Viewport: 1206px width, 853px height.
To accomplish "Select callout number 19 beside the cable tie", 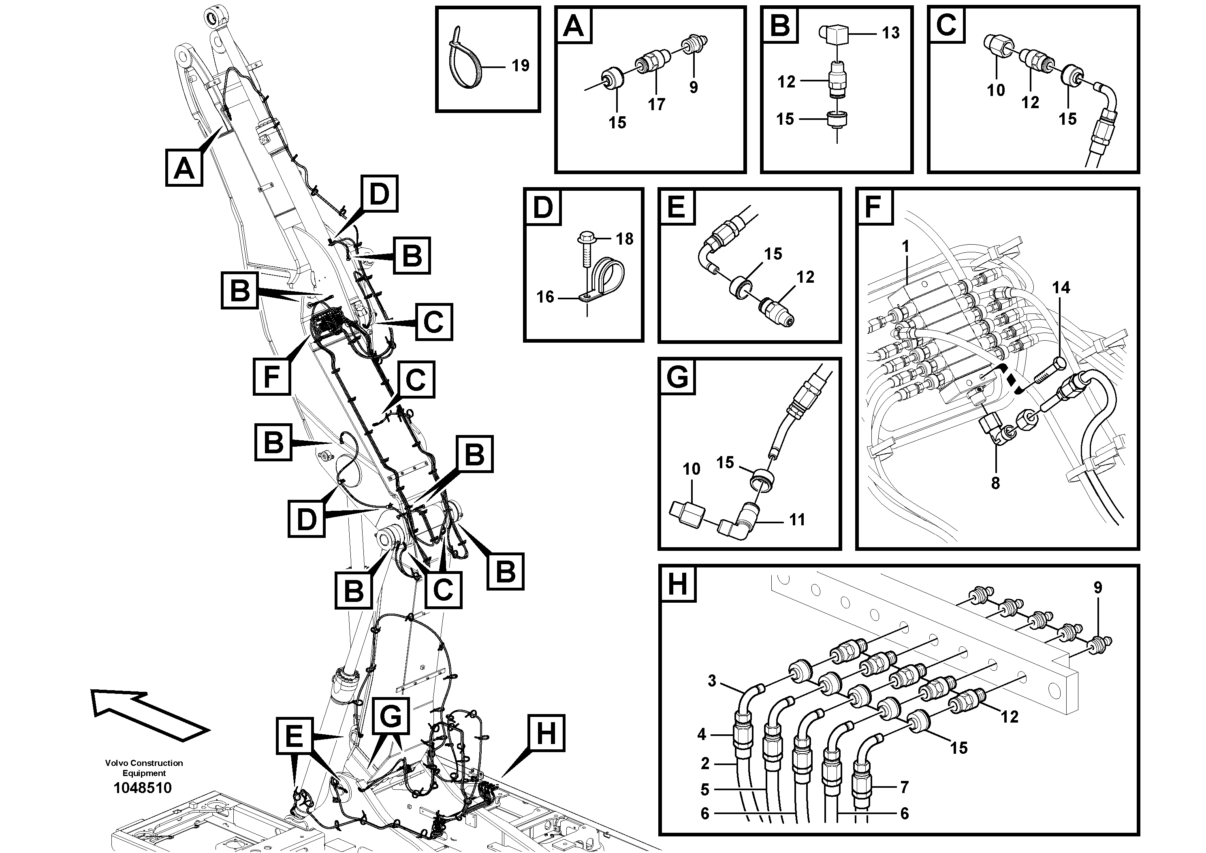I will click(520, 66).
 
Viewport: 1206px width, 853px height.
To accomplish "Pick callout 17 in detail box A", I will click(656, 104).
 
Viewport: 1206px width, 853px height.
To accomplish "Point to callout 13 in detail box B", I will click(890, 32).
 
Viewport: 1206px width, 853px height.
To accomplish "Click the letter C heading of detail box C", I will click(946, 25).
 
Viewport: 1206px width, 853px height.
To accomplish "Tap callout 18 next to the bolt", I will click(625, 239).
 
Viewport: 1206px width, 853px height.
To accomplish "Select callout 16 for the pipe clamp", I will click(545, 297).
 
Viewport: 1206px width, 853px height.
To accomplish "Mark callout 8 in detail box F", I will click(995, 483).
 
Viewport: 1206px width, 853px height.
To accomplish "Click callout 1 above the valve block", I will click(905, 246).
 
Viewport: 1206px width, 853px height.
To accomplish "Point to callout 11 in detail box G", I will click(797, 520).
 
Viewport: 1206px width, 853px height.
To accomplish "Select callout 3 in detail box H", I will click(712, 681).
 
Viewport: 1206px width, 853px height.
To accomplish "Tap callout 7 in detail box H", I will click(904, 787).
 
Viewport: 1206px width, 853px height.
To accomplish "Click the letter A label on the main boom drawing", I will click(184, 168).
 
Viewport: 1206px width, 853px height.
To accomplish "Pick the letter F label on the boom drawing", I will click(271, 376).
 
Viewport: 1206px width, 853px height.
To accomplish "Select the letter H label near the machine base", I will click(546, 733).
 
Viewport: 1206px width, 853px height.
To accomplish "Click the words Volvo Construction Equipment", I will click(144, 768).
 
